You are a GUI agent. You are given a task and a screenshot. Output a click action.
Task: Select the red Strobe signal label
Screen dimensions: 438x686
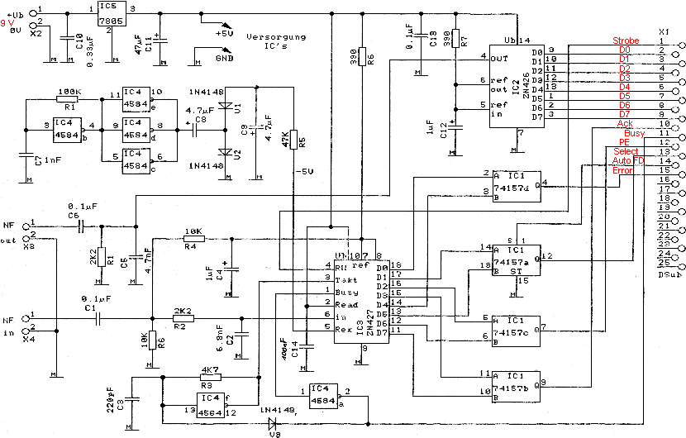click(x=626, y=40)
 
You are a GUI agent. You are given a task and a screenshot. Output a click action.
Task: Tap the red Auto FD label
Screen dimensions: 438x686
click(x=626, y=160)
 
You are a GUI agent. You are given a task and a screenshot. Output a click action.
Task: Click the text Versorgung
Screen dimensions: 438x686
click(x=274, y=37)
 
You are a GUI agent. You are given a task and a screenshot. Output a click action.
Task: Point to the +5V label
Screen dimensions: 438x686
click(x=226, y=34)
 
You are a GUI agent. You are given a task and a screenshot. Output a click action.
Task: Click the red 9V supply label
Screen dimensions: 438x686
click(x=8, y=25)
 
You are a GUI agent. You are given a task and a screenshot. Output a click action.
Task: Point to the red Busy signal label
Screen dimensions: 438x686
click(x=634, y=133)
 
